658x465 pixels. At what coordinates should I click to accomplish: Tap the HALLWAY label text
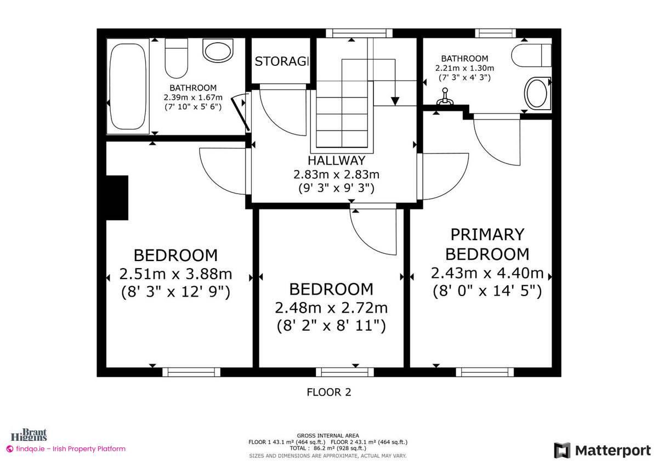click(x=336, y=161)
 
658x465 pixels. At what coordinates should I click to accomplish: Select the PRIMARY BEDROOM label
click(x=487, y=244)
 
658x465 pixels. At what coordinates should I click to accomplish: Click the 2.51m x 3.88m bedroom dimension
click(x=175, y=274)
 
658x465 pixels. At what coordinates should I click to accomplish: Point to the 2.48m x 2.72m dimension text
click(x=331, y=308)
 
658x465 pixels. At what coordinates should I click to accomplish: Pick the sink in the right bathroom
click(x=536, y=93)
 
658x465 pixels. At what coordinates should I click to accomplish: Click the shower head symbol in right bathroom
click(x=446, y=97)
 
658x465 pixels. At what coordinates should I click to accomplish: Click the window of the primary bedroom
click(x=485, y=372)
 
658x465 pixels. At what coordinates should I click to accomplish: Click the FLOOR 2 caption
click(x=328, y=392)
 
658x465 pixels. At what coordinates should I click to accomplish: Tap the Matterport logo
click(x=603, y=450)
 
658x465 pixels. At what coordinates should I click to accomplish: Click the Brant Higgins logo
click(x=34, y=435)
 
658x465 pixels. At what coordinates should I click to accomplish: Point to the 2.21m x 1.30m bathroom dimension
click(x=464, y=68)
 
